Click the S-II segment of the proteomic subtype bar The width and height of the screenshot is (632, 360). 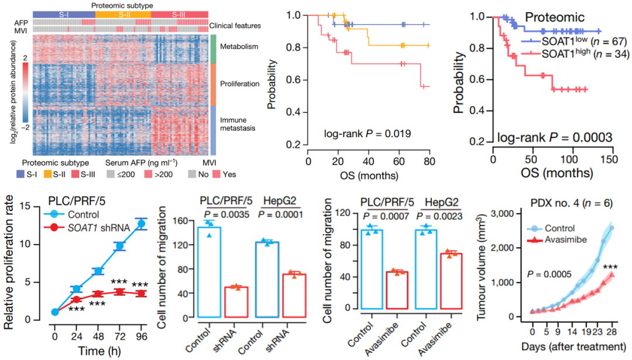[122, 13]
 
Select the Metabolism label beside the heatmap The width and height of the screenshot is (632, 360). [239, 46]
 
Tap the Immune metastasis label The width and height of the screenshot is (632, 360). [237, 124]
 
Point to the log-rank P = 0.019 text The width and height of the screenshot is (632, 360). [367, 134]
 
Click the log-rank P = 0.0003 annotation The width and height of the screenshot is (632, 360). [555, 138]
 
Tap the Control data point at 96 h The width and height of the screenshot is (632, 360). [140, 223]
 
